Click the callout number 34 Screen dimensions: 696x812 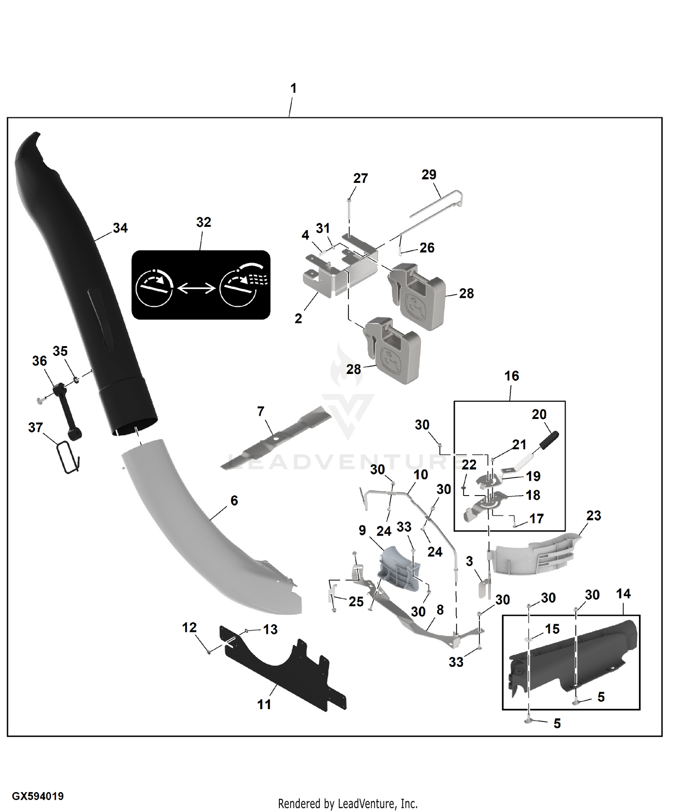tap(120, 228)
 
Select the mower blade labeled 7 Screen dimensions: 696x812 tap(277, 436)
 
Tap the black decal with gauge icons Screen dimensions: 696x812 tap(201, 285)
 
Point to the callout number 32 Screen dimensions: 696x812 tap(204, 222)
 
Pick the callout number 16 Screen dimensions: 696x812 tap(512, 376)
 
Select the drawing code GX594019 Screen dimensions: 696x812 tap(38, 796)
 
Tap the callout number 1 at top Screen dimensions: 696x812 tap(293, 88)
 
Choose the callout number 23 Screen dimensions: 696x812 tap(593, 516)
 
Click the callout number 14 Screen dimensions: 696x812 tap(623, 593)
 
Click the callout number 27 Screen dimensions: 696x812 tap(361, 178)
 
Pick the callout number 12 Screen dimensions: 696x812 tap(189, 627)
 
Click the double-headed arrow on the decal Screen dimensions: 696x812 tap(196, 289)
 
